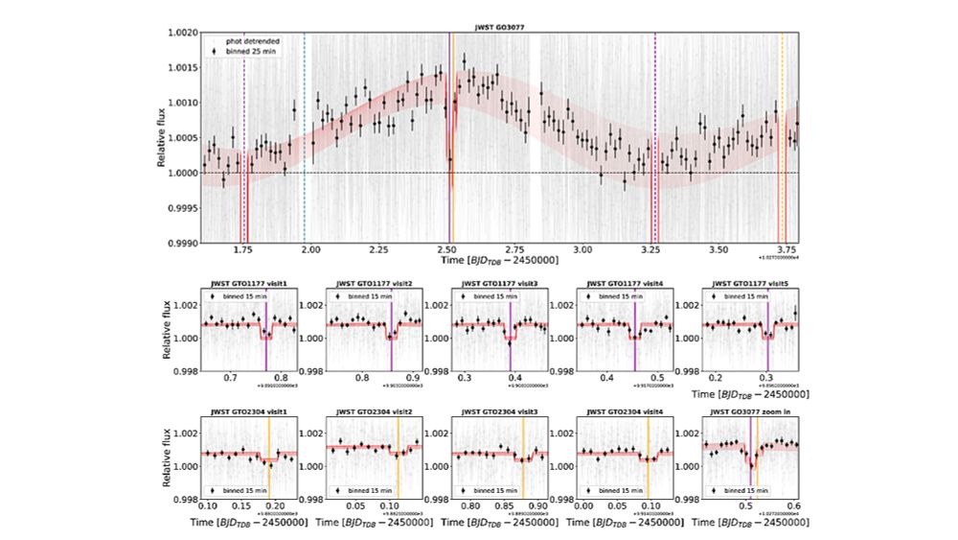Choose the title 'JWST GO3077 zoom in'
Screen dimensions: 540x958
750,412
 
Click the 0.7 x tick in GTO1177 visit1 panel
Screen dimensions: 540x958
230,379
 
